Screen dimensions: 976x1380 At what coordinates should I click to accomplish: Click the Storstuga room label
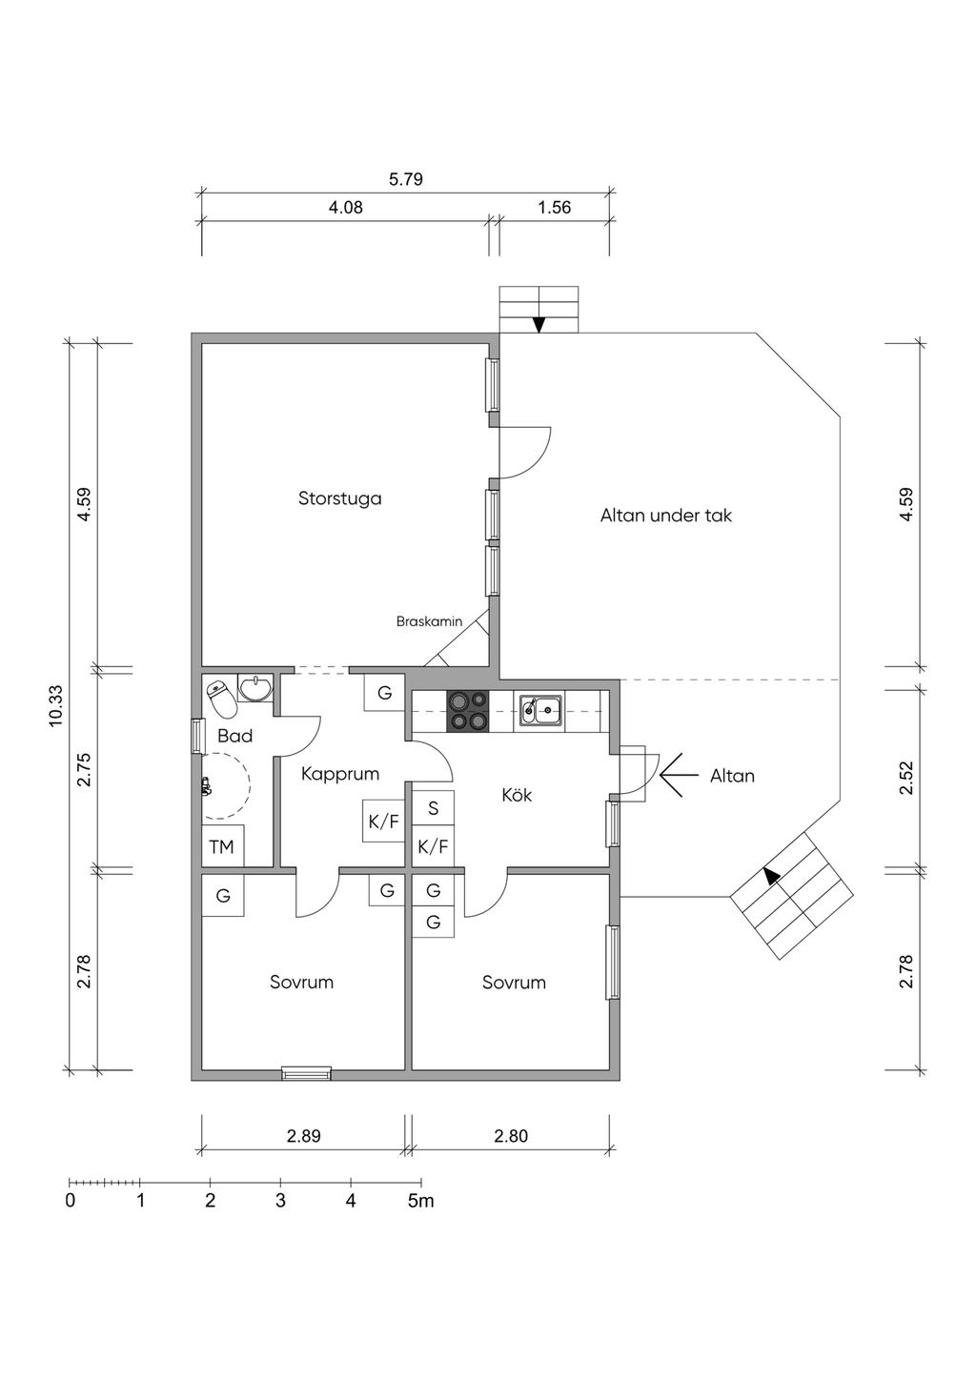(339, 497)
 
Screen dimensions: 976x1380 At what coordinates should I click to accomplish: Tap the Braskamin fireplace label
(429, 621)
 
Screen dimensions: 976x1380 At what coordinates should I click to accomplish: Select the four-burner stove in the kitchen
(468, 711)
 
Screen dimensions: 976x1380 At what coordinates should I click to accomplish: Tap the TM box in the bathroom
(222, 846)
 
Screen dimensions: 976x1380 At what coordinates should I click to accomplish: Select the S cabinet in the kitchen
(433, 807)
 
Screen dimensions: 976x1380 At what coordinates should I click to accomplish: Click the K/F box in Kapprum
(383, 821)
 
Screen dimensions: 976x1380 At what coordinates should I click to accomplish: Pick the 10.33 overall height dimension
(56, 706)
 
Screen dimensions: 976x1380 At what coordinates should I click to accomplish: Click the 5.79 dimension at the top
(406, 179)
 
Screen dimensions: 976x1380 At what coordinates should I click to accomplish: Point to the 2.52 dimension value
(905, 778)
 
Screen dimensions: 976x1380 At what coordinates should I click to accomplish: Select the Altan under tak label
(666, 515)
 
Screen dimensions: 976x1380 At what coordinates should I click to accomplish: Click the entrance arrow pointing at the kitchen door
(679, 775)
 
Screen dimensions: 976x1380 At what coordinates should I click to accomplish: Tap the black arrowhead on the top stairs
(539, 325)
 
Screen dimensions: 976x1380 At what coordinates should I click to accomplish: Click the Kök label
(517, 795)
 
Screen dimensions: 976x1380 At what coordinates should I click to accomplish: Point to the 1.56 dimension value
(555, 208)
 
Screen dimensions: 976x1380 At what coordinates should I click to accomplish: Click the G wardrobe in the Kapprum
(384, 693)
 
